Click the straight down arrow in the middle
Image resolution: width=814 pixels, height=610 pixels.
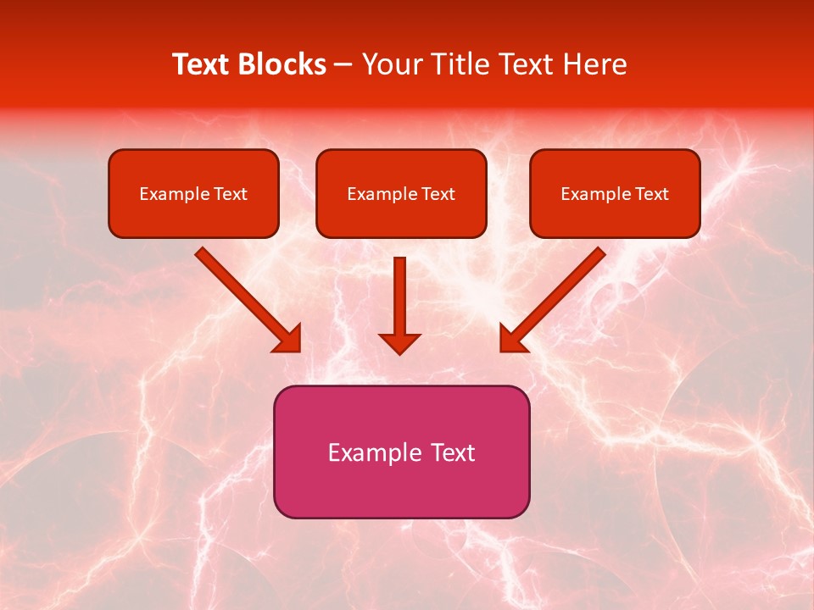[x=399, y=297]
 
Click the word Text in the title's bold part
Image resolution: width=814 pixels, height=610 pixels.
[x=200, y=64]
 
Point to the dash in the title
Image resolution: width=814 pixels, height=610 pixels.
[x=343, y=65]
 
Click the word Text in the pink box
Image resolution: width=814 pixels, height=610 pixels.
[x=454, y=452]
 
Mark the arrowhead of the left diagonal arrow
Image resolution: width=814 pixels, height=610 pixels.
[x=287, y=339]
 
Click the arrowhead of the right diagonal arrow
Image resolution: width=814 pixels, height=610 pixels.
[x=512, y=339]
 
